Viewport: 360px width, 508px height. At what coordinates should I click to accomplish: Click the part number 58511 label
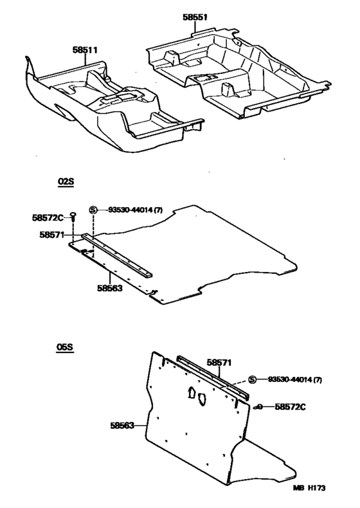85,50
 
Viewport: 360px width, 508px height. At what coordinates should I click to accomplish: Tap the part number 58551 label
195,17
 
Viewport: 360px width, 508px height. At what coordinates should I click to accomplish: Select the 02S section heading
66,181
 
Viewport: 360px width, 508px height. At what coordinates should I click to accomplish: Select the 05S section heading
65,347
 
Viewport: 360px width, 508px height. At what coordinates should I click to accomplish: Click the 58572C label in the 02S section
48,218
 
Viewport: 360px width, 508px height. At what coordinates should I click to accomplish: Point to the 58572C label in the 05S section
290,406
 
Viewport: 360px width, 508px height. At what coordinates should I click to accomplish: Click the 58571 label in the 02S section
52,235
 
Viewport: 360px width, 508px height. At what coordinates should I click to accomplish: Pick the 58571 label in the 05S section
219,363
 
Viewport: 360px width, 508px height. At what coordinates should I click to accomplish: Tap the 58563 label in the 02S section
110,288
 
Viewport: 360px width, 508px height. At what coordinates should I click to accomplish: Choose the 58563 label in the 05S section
122,426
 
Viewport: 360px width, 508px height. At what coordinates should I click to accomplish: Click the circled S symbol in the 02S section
93,210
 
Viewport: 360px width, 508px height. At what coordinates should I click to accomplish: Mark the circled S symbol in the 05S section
252,379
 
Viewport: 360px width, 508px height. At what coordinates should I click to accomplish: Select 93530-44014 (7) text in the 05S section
295,379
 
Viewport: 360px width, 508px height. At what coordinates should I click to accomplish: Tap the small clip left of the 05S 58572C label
258,407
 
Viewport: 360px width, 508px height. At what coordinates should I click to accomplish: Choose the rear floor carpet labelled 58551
239,74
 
